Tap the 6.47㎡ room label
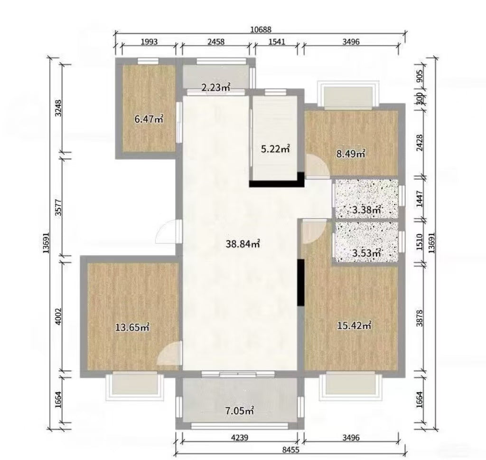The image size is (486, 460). pos(149,119)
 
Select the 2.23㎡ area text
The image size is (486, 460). pos(215,87)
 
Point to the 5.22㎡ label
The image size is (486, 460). pos(275,149)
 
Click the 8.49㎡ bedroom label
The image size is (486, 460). pos(350,153)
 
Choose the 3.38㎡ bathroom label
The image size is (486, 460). pos(367,209)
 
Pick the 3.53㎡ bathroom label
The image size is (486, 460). pos(367,253)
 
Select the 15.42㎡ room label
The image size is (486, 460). pos(354,326)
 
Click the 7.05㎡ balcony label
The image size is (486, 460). pos(240,411)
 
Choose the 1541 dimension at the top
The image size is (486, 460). pos(277,42)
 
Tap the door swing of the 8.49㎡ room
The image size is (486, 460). pos(315,167)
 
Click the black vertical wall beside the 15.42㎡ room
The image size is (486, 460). pos(300,283)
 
